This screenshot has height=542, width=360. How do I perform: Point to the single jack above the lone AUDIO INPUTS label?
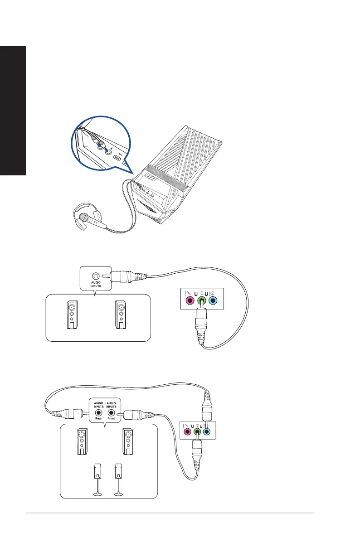pyautogui.click(x=95, y=275)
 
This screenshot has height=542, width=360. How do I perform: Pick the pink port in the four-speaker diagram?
pyautogui.click(x=187, y=432)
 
